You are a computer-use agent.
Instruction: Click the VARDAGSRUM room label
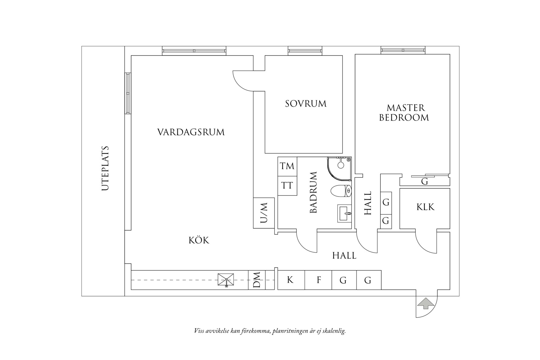(191, 132)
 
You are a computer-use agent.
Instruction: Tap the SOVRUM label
(306, 104)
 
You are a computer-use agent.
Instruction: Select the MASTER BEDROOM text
(404, 113)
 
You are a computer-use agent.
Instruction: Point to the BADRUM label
(313, 193)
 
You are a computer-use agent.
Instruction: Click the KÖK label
(199, 241)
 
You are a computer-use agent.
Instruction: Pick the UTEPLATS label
(105, 169)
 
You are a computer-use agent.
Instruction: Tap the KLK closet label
(425, 207)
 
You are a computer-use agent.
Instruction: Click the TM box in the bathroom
(287, 166)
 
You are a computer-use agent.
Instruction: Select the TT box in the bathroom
(287, 185)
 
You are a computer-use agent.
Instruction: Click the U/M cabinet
(264, 213)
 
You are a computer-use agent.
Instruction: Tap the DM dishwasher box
(257, 280)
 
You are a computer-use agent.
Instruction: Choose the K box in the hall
(290, 280)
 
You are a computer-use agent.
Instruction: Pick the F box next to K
(319, 280)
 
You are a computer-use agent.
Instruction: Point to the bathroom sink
(344, 213)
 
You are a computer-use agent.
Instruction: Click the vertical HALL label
(368, 203)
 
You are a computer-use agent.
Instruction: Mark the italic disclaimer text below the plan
(270, 331)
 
